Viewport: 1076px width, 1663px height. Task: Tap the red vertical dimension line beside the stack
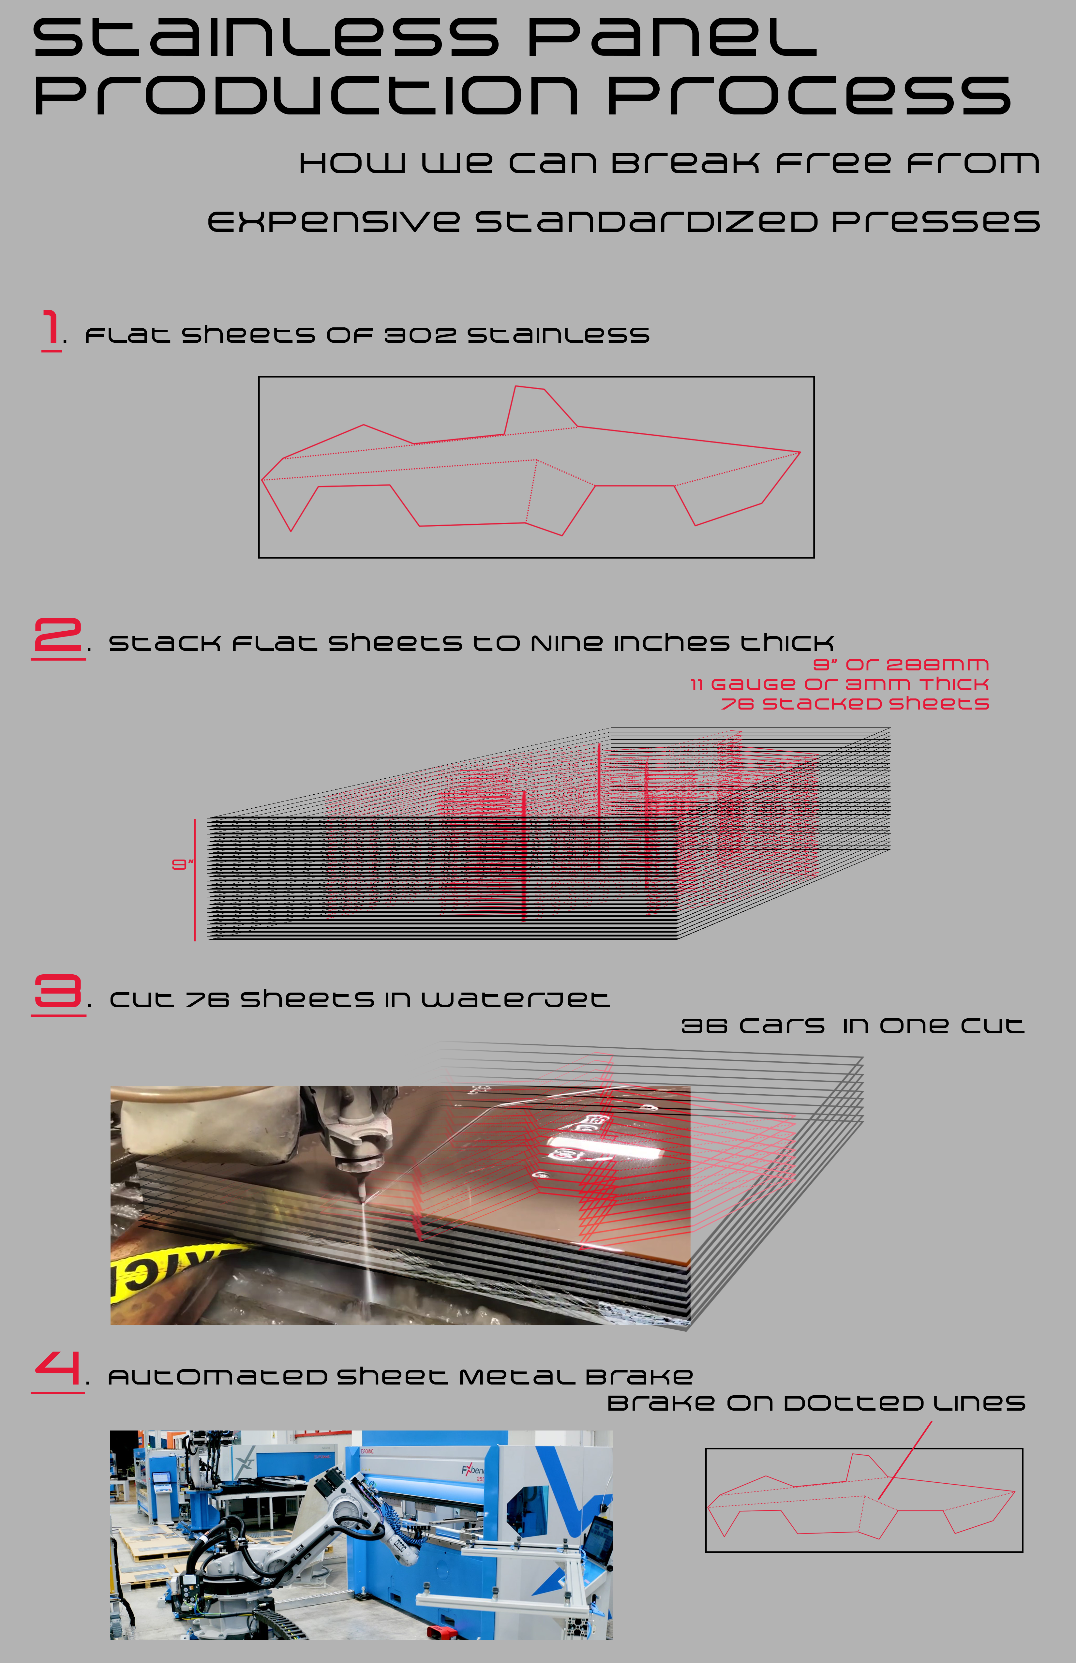point(195,880)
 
